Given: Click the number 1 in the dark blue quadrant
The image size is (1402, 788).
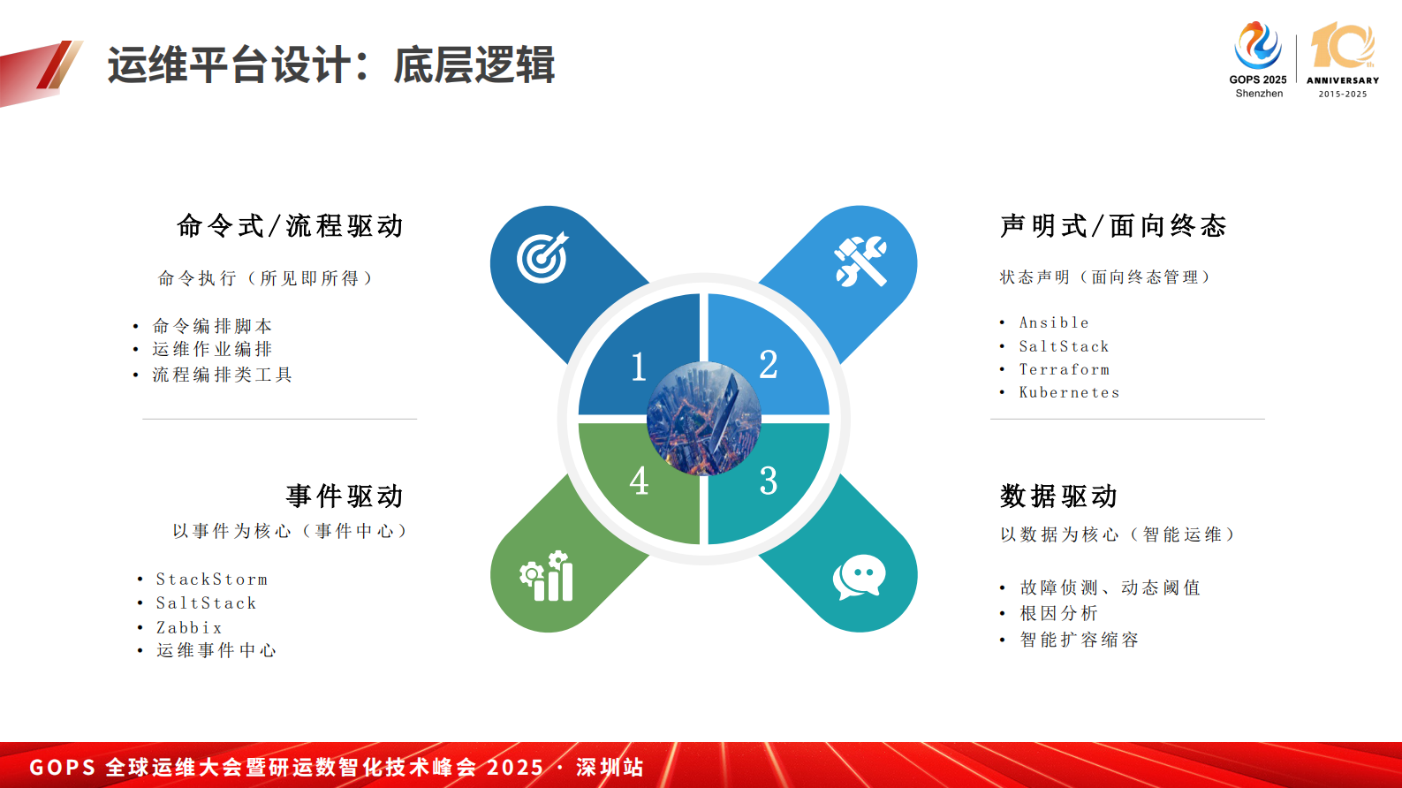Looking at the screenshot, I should [x=639, y=367].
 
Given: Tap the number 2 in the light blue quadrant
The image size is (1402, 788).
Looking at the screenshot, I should [x=769, y=365].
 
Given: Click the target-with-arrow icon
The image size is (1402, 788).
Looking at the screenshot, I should [x=542, y=258].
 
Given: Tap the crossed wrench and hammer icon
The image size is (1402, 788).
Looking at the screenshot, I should [x=861, y=261].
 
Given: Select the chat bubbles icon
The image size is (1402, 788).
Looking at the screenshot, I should [x=859, y=577].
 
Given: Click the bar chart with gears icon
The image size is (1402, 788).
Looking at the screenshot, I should [x=547, y=577].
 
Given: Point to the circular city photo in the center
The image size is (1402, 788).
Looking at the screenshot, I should [x=703, y=419].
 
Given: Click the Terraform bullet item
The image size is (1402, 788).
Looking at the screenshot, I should [x=1065, y=369].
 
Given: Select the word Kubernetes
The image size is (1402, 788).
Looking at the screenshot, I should [x=1069, y=392].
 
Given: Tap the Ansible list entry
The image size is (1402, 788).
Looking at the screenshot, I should [x=1054, y=322].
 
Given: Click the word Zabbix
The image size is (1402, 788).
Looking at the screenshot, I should [x=189, y=627].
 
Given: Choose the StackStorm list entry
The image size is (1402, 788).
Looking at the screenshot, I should [x=212, y=580].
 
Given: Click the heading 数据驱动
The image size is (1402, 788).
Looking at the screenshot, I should [x=1058, y=496].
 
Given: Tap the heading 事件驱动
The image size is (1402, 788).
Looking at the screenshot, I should [x=345, y=496].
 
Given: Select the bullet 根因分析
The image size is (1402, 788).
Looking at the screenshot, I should [x=1058, y=613].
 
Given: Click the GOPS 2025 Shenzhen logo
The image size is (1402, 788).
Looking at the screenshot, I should [x=1258, y=60].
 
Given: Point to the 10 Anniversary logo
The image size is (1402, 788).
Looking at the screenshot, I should [x=1342, y=60].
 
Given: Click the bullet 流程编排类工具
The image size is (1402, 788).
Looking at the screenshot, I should [x=222, y=375].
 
